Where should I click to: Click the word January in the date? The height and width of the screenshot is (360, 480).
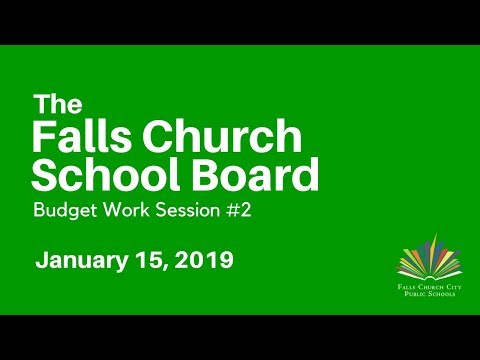[x=82, y=262]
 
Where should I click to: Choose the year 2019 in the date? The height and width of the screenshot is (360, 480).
[x=204, y=262]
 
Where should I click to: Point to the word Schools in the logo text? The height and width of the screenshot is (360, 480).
[x=437, y=297]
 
